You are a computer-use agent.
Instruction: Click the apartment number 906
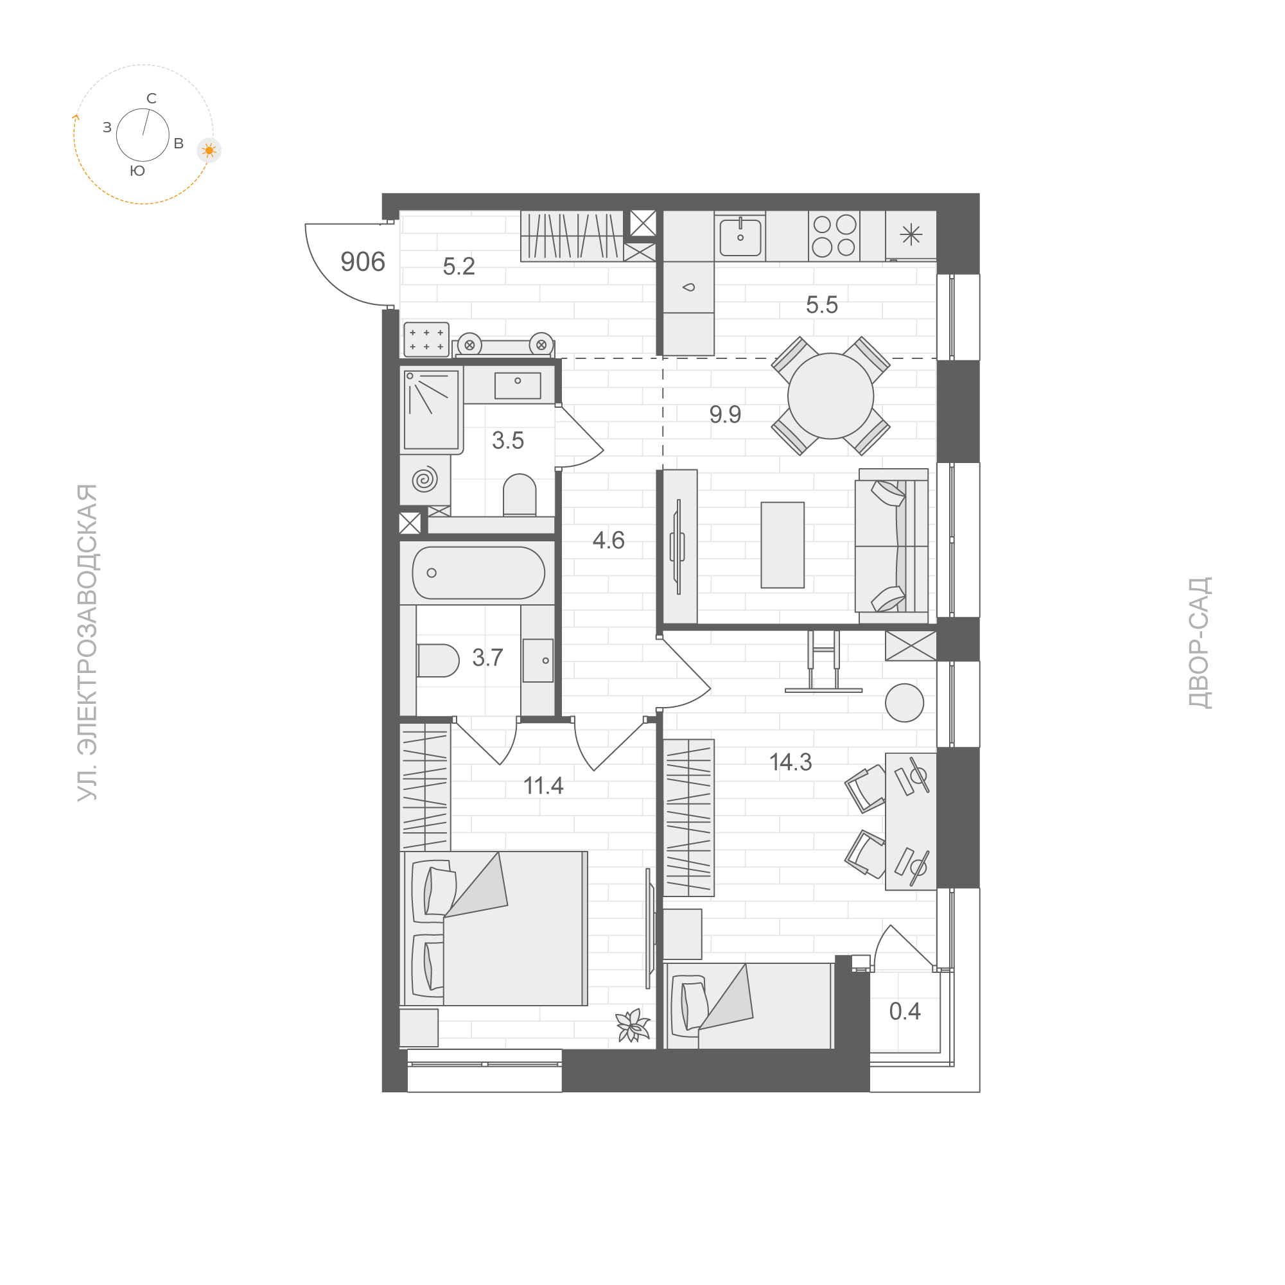pos(362,262)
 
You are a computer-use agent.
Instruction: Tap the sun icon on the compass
pos(209,151)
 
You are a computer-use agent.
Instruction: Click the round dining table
pos(830,396)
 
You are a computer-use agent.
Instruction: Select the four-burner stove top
pos(834,236)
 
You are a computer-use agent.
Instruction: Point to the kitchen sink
pos(740,236)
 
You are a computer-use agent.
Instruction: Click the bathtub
pos(478,573)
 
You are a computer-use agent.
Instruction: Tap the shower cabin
pos(431,409)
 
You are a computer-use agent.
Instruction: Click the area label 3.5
pos(507,441)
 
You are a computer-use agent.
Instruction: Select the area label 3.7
pos(487,658)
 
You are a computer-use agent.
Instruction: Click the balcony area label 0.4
pos(905,1011)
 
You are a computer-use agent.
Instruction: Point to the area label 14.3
pos(790,762)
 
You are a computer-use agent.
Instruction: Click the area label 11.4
pos(543,786)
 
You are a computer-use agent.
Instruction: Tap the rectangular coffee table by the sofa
pos(782,545)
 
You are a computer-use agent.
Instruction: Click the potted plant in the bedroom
pos(632,1025)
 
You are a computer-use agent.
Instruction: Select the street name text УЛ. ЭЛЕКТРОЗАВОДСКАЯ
pos(87,642)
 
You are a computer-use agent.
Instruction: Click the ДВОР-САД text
pos(1199,642)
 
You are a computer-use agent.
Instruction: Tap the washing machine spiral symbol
pos(424,479)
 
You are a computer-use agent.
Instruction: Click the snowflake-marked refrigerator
pos(911,235)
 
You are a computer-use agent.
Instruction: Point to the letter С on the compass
pos(152,98)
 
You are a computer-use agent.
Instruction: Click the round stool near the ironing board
pos(904,703)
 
